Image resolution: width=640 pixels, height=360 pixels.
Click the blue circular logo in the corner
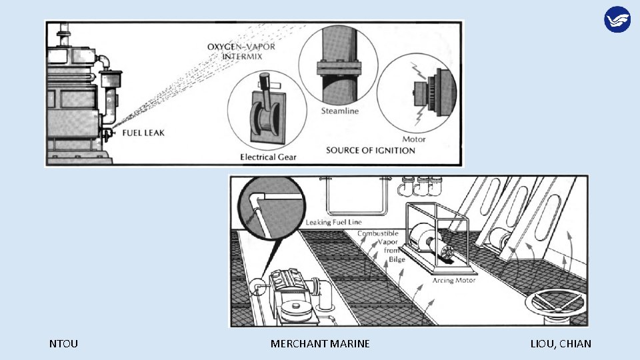[x=617, y=19]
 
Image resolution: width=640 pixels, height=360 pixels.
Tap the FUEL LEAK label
[x=143, y=133]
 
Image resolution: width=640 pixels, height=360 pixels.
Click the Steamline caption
[x=340, y=111]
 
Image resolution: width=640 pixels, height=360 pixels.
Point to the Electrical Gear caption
[x=269, y=157]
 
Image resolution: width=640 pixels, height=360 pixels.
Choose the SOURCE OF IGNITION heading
[x=371, y=150]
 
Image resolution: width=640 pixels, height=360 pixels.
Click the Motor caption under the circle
[x=414, y=139]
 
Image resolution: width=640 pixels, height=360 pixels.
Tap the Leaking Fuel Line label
[x=335, y=221]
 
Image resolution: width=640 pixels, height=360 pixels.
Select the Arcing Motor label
[x=453, y=281]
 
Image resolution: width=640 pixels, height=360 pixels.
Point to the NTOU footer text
[x=63, y=344]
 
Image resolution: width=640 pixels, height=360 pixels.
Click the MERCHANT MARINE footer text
[x=320, y=344]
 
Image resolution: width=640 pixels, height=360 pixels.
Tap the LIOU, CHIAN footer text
[x=561, y=344]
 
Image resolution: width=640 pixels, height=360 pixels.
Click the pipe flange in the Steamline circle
[x=339, y=67]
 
